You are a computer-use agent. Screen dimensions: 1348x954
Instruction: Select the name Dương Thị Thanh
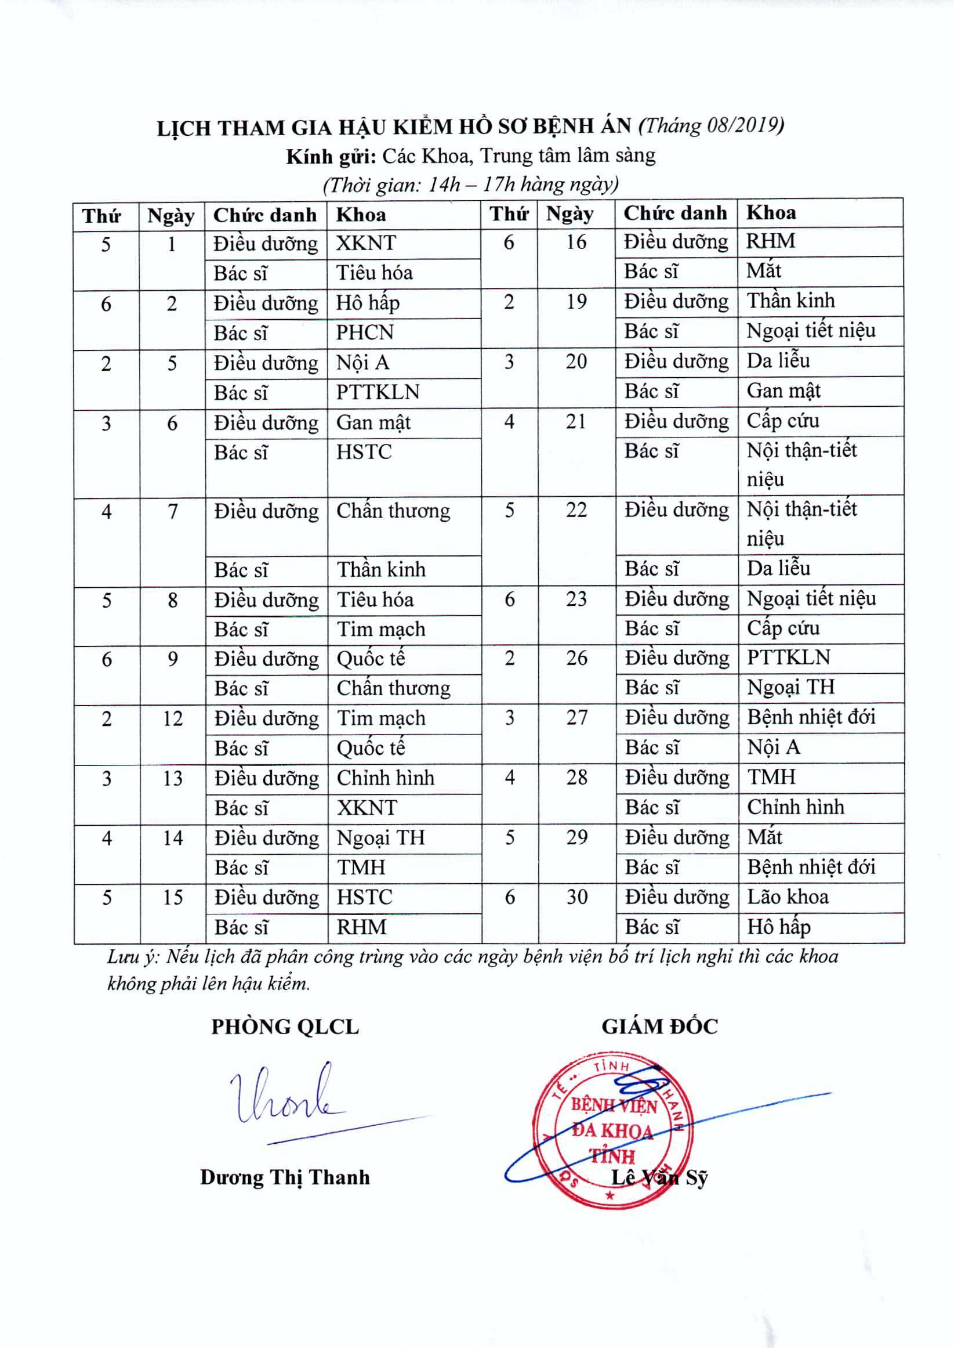pos(285,1177)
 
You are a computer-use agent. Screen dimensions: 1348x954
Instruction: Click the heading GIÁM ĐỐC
pos(659,1027)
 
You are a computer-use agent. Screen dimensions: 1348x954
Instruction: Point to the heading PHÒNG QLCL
pos(285,1027)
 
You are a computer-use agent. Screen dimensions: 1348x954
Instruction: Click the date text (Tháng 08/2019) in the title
pos(711,126)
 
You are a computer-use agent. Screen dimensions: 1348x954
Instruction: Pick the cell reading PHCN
pos(365,333)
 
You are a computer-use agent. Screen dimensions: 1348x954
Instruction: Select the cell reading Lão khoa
pos(788,897)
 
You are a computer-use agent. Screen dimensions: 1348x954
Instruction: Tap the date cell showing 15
pos(173,897)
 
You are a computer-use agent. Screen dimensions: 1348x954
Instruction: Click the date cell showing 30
pos(577,897)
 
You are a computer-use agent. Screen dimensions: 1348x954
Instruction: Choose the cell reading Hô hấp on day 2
pos(368,303)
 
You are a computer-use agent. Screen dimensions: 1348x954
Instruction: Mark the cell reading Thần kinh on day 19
pos(790,300)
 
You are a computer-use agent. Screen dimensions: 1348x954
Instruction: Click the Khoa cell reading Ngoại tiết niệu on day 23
pos(811,598)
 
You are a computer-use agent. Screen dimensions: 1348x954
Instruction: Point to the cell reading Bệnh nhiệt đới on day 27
pos(811,717)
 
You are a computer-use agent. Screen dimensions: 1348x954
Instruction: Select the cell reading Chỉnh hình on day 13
pos(385,778)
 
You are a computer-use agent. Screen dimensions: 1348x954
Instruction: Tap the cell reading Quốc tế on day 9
pos(371,658)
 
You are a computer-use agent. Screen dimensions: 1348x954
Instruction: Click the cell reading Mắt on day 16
pos(764,270)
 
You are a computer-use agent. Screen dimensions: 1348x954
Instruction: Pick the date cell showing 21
pos(576,421)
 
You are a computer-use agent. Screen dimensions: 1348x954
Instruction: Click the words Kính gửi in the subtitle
pos(331,156)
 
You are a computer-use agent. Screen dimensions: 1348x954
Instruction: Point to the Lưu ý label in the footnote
pos(133,957)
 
